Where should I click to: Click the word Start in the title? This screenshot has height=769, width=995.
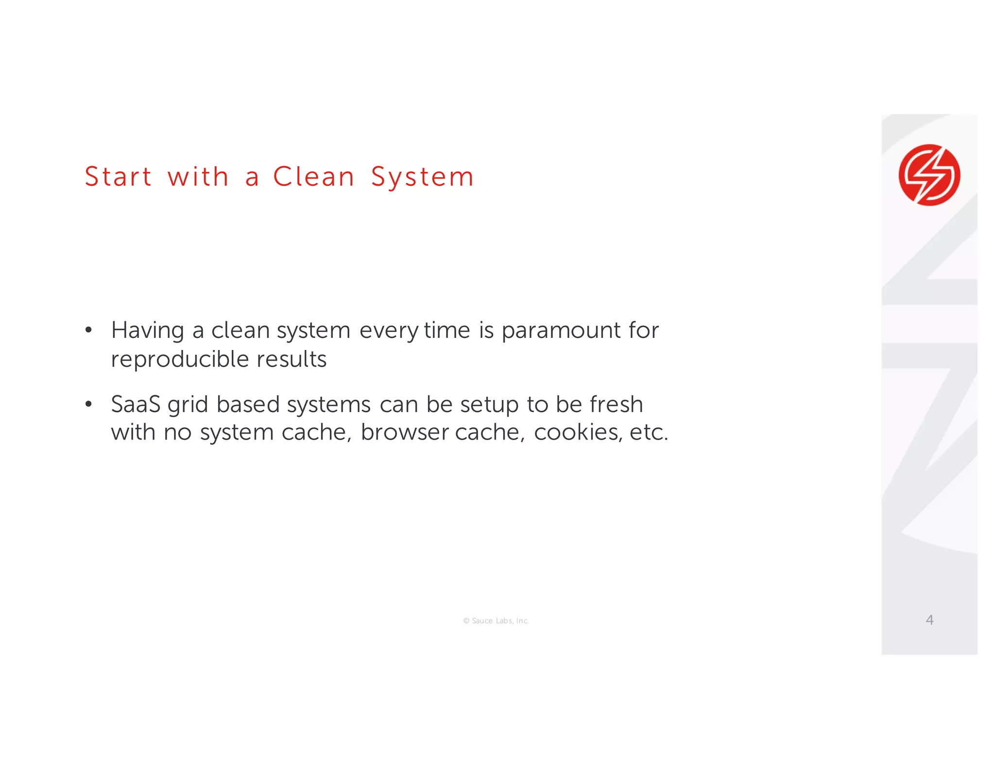[118, 176]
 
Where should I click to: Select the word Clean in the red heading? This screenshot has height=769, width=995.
[314, 176]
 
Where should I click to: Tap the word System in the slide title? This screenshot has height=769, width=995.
[422, 177]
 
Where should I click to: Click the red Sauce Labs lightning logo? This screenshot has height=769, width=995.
[929, 175]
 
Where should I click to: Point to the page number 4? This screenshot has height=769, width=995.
[929, 620]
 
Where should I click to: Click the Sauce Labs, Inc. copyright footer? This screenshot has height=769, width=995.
[496, 621]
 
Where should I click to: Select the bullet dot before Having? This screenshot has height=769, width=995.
[88, 331]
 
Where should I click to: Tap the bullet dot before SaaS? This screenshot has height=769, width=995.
[88, 404]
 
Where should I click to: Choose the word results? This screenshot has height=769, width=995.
[292, 359]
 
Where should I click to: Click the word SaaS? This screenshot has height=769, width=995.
[136, 404]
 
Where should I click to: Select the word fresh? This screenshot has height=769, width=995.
[616, 404]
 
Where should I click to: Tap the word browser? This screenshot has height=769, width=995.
[404, 432]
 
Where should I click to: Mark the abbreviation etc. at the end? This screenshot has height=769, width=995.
[649, 432]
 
